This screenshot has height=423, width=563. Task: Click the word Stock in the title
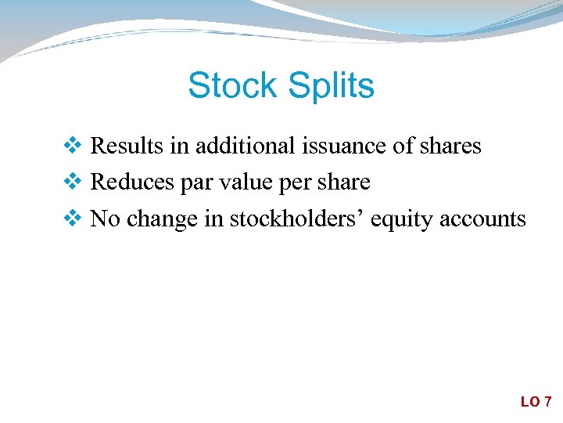point(231,85)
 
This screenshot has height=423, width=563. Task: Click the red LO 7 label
point(536,402)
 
